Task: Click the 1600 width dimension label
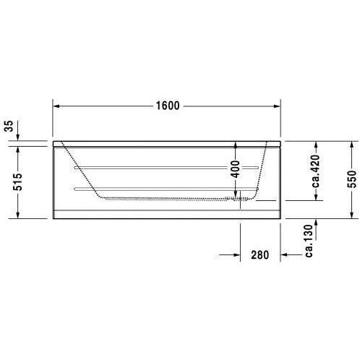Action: (x=168, y=106)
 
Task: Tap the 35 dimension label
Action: (x=9, y=126)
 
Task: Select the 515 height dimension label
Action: (x=17, y=181)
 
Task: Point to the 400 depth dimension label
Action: (x=236, y=169)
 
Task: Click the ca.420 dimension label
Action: (x=316, y=171)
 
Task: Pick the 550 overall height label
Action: (x=351, y=179)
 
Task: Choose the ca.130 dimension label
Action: (x=309, y=241)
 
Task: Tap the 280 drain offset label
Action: (x=260, y=255)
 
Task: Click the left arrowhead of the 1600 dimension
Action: (x=56, y=106)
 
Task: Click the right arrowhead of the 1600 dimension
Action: (x=277, y=106)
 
